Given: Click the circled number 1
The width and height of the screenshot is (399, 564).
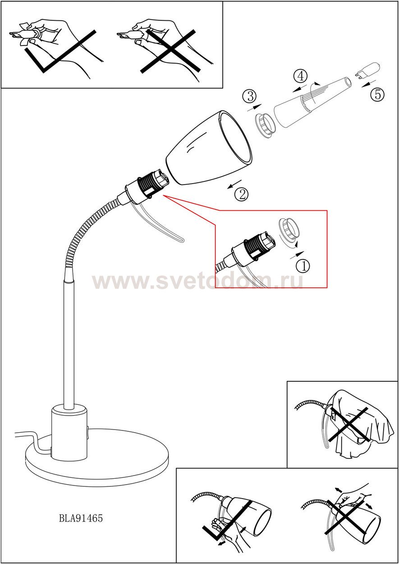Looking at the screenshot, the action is pyautogui.click(x=303, y=265).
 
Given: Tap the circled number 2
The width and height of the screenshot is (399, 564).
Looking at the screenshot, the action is pyautogui.click(x=241, y=194).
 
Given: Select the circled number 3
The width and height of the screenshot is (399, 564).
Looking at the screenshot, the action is pyautogui.click(x=249, y=96).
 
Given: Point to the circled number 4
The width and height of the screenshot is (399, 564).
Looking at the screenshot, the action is pyautogui.click(x=301, y=76).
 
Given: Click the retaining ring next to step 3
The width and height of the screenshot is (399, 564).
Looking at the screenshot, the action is pyautogui.click(x=266, y=125).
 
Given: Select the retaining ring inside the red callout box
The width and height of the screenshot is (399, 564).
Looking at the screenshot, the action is pyautogui.click(x=289, y=231).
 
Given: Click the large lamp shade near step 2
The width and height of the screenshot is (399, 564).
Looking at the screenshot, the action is pyautogui.click(x=209, y=148).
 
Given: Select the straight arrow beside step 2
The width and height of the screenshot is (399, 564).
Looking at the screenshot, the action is pyautogui.click(x=234, y=184).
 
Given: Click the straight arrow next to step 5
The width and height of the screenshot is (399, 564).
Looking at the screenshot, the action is pyautogui.click(x=368, y=84).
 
